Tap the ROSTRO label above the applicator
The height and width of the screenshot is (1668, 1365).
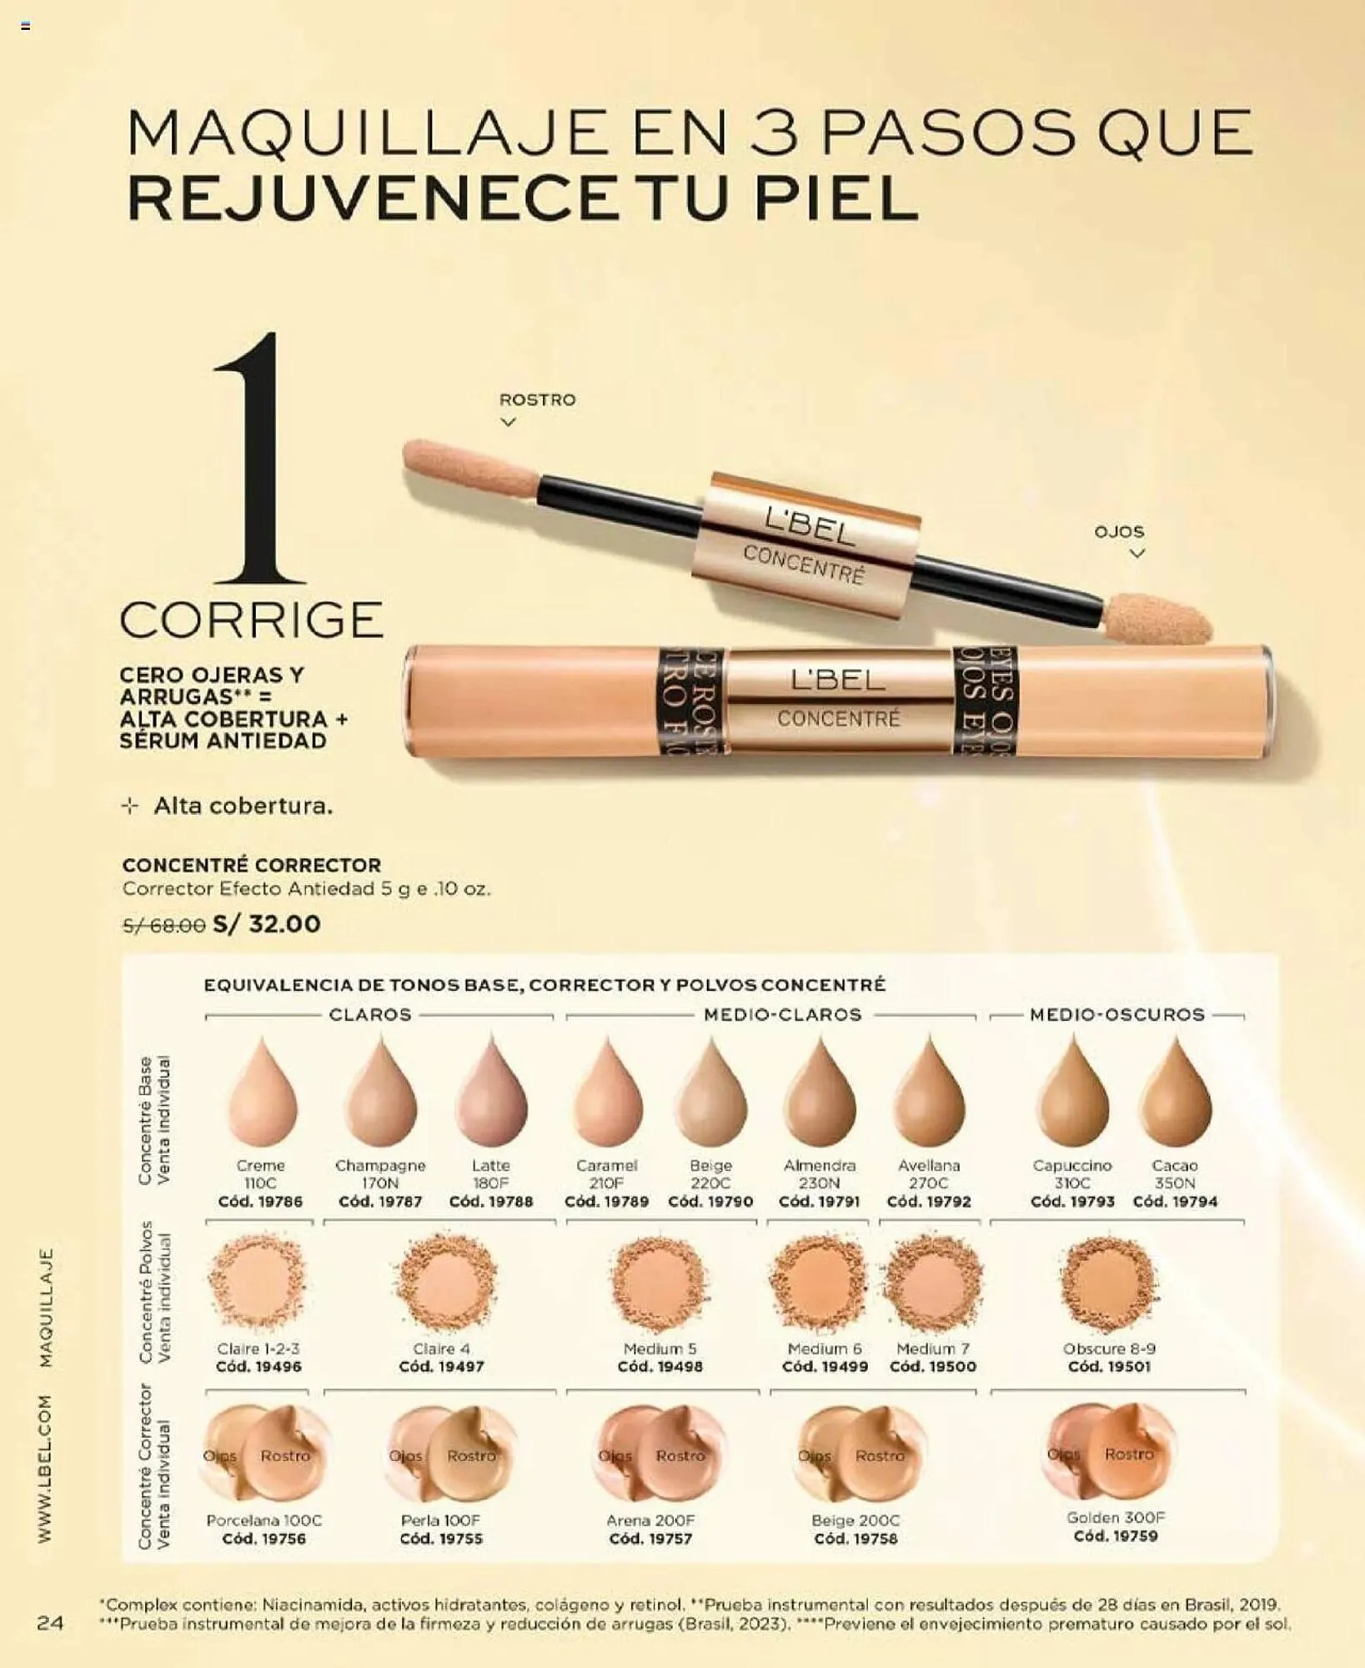click(537, 399)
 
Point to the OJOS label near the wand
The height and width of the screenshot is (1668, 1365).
click(1119, 531)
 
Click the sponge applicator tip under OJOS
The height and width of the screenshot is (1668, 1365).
click(1157, 617)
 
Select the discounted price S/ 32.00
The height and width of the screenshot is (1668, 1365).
click(267, 924)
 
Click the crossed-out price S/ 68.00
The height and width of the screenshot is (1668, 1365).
click(163, 925)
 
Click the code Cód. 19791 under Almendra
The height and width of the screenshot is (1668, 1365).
click(820, 1202)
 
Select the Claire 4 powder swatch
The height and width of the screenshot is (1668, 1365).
click(446, 1283)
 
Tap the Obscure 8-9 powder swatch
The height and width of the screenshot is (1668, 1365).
click(1109, 1283)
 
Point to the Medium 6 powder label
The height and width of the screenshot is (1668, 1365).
click(825, 1349)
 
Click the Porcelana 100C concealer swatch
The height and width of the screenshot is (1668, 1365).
click(263, 1455)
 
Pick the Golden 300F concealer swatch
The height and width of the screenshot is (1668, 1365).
click(1111, 1452)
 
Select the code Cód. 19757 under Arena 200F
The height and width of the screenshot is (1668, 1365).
click(650, 1539)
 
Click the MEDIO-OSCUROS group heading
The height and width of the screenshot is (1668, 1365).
click(1117, 1015)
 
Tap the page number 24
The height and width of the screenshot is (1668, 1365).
click(50, 1622)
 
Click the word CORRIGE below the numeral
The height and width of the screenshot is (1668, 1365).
click(252, 620)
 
